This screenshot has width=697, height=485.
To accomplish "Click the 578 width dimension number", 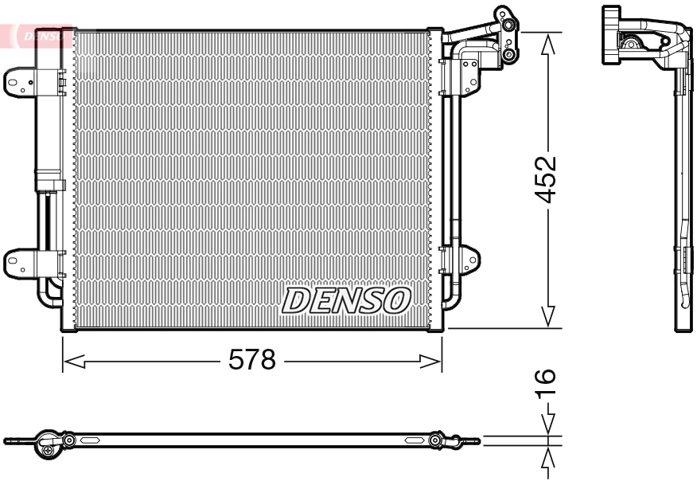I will (x=251, y=361).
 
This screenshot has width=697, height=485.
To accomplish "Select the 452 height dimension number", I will (x=547, y=180).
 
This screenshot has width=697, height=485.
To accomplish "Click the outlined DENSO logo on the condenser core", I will (x=346, y=300).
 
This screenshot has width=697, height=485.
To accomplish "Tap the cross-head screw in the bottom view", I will (x=49, y=451).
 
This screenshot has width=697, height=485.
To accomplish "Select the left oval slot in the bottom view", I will (x=87, y=440).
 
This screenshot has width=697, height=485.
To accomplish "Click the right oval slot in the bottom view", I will (x=413, y=440).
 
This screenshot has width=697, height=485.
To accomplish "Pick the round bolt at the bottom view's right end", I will (x=435, y=440).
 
